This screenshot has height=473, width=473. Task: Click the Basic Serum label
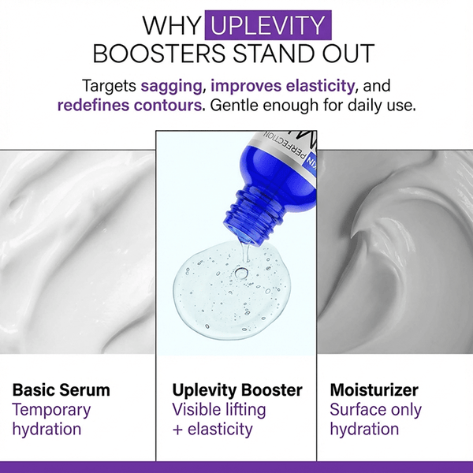[61, 389]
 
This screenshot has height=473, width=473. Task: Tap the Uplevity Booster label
[236, 389]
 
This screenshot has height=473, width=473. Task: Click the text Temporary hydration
[52, 419]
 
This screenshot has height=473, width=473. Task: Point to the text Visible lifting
[218, 409]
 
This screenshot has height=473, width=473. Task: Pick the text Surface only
[375, 409]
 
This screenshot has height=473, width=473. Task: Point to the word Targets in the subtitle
[109, 85]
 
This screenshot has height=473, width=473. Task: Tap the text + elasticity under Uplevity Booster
[212, 429]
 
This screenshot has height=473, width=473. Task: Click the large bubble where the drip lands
[242, 273]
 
